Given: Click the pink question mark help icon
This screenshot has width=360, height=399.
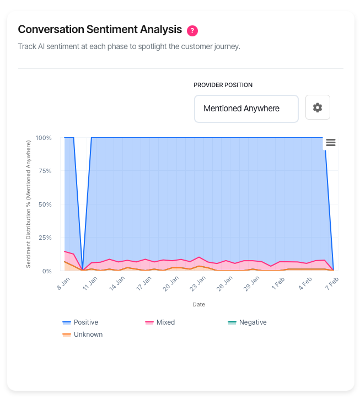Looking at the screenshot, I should (x=192, y=30).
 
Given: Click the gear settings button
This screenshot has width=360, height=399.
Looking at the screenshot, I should (x=318, y=107).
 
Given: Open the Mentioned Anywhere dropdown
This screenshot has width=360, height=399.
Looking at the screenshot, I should (x=246, y=109).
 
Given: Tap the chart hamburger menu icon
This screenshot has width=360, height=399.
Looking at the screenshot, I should (x=331, y=143).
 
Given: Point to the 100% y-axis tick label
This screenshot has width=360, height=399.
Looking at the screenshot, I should (x=44, y=138).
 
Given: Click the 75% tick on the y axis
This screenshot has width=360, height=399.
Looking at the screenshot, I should (x=45, y=171).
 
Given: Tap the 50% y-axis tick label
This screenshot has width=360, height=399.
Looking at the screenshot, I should (x=45, y=204).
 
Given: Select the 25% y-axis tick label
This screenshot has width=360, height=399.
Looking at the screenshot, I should (x=45, y=238).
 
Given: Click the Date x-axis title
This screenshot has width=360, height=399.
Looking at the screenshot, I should (x=198, y=304).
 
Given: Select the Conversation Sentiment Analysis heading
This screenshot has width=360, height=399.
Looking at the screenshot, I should (x=100, y=29).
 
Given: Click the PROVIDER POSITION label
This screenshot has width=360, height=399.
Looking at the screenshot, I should (x=223, y=85).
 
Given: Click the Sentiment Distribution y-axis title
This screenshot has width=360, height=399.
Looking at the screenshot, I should (x=29, y=204).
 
